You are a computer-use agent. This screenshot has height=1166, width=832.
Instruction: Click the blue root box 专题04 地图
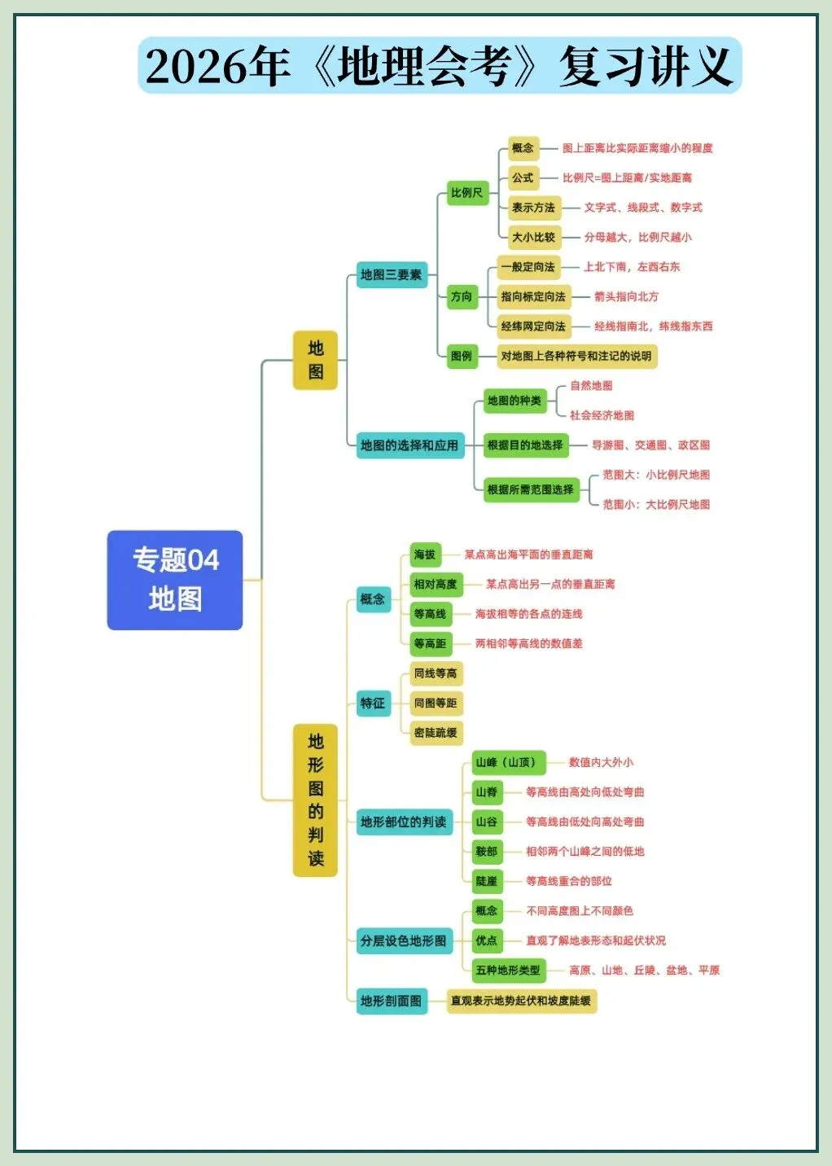(175, 580)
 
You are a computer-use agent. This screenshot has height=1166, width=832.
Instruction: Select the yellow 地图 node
(315, 360)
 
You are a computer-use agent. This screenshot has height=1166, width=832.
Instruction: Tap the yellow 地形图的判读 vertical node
(315, 800)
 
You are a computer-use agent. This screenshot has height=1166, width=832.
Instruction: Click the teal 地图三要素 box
(392, 274)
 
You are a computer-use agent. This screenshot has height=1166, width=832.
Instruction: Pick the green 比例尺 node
(467, 193)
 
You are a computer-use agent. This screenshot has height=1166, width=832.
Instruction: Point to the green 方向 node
(462, 296)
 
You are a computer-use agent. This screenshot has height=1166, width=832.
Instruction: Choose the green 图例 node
(462, 356)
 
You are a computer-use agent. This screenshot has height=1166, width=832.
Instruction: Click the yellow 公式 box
(523, 178)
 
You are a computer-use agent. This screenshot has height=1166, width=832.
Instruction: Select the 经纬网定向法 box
(533, 327)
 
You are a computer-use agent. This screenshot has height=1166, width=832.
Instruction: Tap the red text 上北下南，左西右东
(632, 267)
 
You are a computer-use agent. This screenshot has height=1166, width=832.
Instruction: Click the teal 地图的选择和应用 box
(409, 445)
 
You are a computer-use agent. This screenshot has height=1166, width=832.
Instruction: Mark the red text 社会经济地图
(602, 415)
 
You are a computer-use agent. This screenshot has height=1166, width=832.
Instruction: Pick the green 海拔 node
(425, 555)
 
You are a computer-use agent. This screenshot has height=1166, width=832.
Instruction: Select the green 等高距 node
(430, 643)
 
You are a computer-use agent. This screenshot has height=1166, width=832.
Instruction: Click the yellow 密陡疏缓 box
(436, 733)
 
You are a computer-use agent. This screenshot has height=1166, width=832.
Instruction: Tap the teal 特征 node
(373, 703)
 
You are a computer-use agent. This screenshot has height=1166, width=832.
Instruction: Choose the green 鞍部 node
(487, 852)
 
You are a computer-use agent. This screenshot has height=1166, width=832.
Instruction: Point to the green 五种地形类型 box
(508, 970)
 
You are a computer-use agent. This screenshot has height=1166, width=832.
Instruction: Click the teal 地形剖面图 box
(392, 1001)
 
